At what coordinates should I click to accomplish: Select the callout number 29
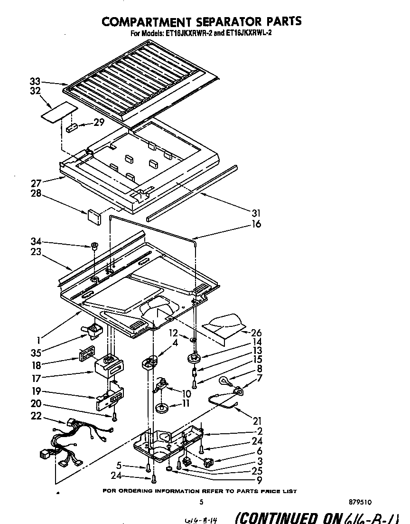point(99,123)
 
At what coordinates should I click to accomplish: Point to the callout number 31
point(256,213)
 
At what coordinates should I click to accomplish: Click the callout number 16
point(256,224)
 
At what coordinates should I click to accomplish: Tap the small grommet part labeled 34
point(94,246)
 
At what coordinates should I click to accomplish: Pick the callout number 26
point(256,332)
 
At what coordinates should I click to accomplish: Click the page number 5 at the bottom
point(202,502)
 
